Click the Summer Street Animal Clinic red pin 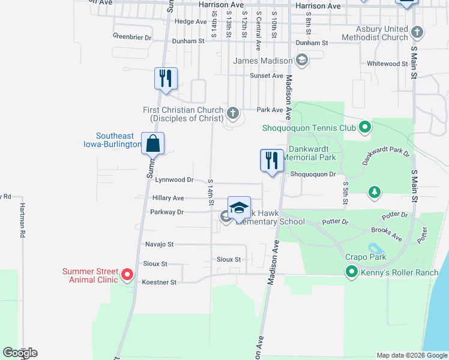(x=127, y=275)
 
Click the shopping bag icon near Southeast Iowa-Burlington (x=153, y=144)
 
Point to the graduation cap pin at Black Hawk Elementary (x=239, y=208)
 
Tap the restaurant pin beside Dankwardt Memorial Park (x=272, y=161)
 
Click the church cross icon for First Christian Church (x=234, y=112)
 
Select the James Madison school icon (x=301, y=60)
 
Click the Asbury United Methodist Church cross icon (x=418, y=31)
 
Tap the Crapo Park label (x=365, y=257)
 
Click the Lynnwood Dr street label (x=174, y=179)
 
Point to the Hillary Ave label (x=168, y=197)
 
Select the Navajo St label (x=159, y=244)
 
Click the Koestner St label (x=159, y=282)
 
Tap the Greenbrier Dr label (x=132, y=37)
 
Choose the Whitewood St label (x=387, y=64)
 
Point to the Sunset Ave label (x=266, y=76)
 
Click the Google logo (x=20, y=353)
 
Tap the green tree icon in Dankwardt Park (x=375, y=191)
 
